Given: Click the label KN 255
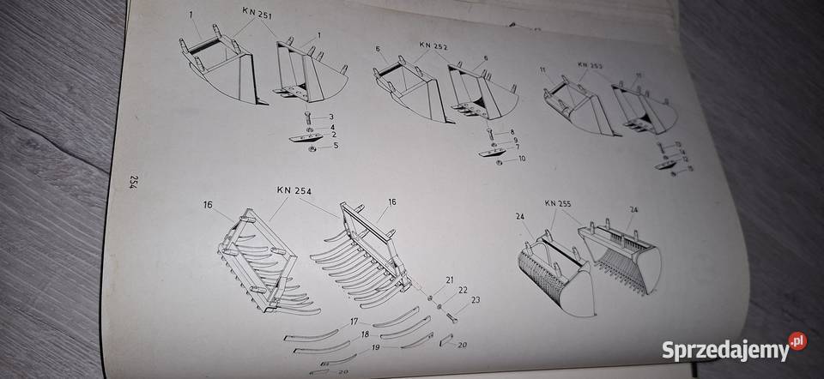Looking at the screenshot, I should tap(559, 204).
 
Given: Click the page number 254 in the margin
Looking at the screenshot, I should tap(135, 182).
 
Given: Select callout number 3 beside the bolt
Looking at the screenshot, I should tap(331, 116).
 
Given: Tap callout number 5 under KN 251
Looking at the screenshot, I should tap(336, 146).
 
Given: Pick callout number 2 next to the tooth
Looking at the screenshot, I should tap(332, 135).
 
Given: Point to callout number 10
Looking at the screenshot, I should tap(522, 159).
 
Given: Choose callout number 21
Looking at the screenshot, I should tap(449, 280).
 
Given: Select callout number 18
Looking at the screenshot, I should tap(366, 333).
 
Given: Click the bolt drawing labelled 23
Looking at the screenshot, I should tap(452, 316).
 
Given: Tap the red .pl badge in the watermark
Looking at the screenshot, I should tap(797, 340).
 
